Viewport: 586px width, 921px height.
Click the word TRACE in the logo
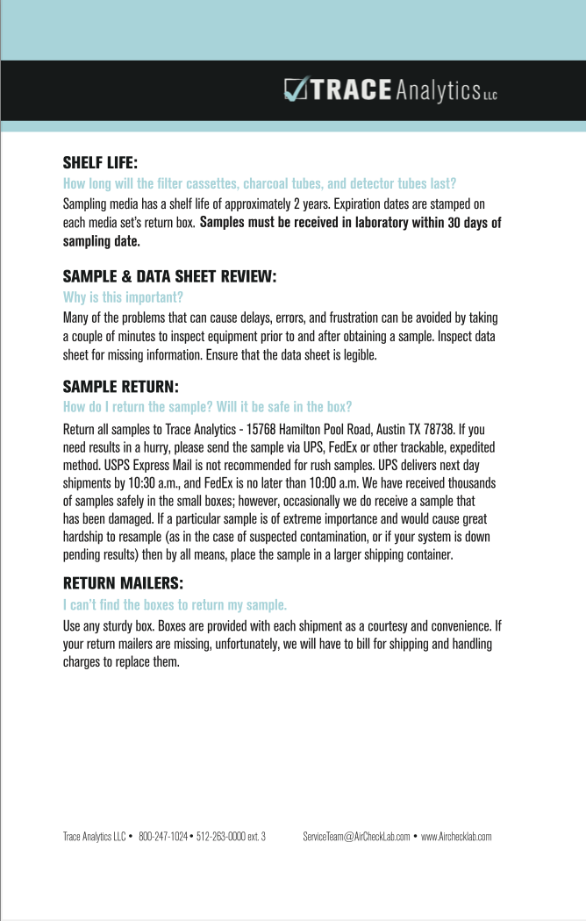(349, 90)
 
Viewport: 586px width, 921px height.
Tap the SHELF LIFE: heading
(101, 163)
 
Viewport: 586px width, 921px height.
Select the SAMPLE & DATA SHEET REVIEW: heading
(169, 276)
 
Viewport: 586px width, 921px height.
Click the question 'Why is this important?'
(123, 297)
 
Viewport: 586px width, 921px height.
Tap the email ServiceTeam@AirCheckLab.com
(356, 837)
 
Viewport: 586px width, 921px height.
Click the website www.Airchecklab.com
(456, 837)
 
